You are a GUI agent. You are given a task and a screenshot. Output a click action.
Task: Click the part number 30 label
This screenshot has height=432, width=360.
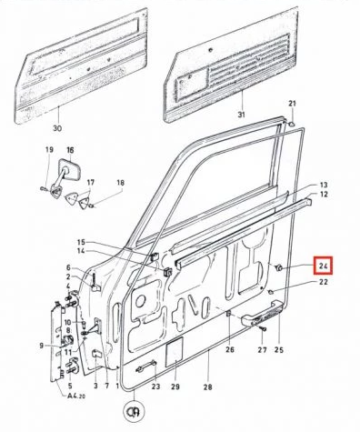57,129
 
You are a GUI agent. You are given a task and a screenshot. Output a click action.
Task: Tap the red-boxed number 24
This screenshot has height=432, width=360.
323,266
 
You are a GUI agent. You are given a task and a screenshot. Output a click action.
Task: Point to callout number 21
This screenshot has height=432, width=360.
293,103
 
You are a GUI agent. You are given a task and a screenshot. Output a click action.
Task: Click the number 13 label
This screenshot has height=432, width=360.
323,185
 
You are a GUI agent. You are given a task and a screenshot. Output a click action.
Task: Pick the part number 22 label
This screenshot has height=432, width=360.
323,283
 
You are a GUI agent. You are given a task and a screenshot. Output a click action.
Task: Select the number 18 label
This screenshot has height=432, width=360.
120,183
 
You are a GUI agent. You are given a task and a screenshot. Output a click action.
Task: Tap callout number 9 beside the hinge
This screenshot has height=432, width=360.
41,346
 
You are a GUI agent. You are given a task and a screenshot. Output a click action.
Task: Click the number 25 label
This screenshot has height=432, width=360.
279,349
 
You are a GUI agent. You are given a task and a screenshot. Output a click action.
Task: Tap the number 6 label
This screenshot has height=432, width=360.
67,266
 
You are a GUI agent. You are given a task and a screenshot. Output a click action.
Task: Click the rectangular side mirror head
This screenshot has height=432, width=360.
70,173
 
